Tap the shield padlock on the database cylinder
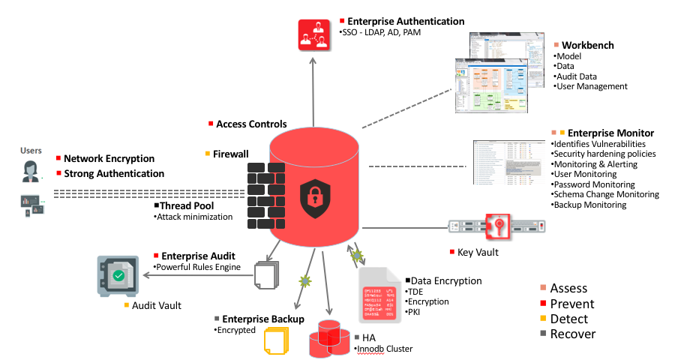click(x=314, y=197)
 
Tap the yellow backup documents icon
click(x=276, y=342)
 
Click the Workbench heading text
click(x=588, y=45)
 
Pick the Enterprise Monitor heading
click(x=610, y=133)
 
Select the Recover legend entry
click(x=572, y=334)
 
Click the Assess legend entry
click(x=568, y=288)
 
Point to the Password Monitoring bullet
click(x=595, y=184)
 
